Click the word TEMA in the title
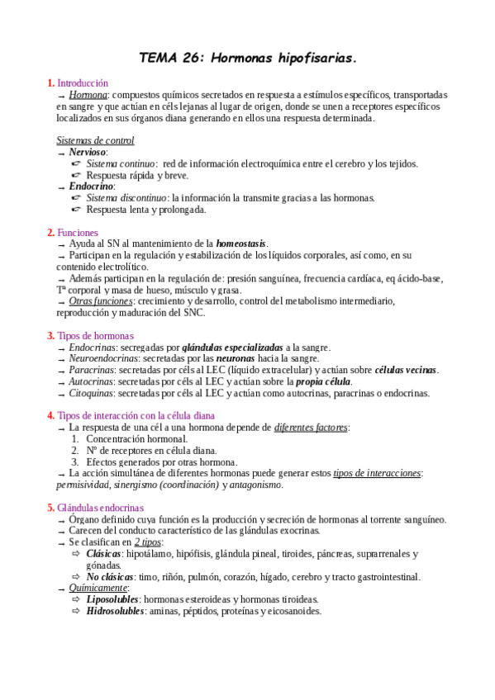click(x=155, y=58)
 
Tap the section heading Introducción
click(x=83, y=83)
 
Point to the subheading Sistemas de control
click(x=95, y=141)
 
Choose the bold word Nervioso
click(x=88, y=153)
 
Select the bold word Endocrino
click(x=91, y=187)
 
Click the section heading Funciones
click(x=78, y=233)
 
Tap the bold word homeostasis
click(x=241, y=244)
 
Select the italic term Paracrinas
click(x=91, y=371)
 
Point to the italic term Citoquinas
click(x=92, y=394)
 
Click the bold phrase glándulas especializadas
click(x=231, y=348)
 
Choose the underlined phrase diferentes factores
click(x=311, y=428)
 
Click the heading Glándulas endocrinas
click(x=100, y=508)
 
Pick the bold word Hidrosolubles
click(x=115, y=611)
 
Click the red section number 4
click(x=51, y=416)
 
